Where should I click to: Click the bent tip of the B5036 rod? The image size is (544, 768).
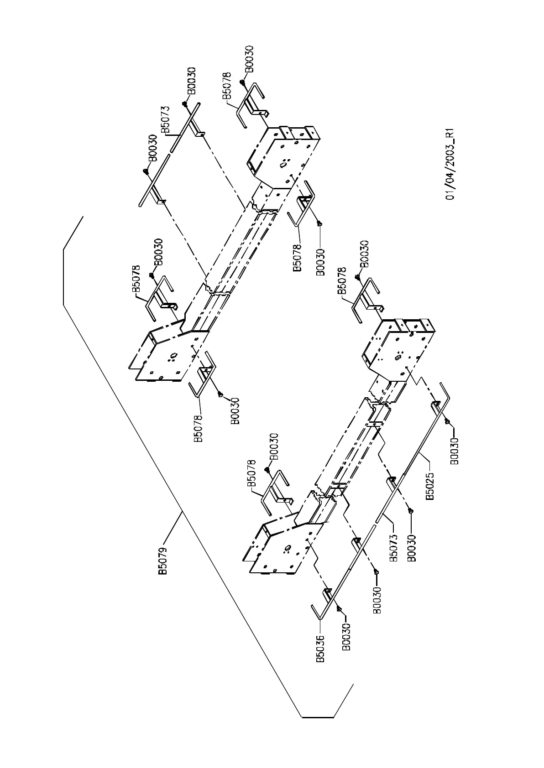[x=314, y=608]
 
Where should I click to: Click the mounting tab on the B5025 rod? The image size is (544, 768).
[x=434, y=405]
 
